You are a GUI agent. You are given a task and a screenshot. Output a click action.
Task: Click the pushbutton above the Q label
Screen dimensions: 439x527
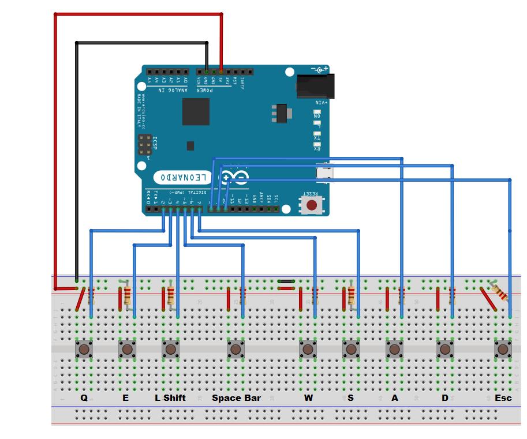pos(84,349)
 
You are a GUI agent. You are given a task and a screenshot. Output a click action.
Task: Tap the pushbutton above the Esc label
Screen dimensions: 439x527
pos(503,349)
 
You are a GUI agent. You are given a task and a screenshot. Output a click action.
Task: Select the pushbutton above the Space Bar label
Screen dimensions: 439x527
pos(236,349)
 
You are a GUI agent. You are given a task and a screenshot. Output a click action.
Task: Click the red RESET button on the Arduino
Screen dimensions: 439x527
pos(312,205)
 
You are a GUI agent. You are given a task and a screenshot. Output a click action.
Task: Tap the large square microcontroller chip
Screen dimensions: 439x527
pos(196,111)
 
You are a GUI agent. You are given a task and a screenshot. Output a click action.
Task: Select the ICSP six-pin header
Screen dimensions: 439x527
pos(144,145)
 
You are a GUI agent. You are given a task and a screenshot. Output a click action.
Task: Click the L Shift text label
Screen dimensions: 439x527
pos(170,398)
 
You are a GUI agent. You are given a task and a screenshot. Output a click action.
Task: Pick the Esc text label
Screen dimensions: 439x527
pos(503,398)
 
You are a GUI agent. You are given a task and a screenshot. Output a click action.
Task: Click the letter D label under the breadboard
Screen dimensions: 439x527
pos(444,398)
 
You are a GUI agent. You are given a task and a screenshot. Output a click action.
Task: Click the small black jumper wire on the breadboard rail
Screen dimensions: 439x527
pos(286,282)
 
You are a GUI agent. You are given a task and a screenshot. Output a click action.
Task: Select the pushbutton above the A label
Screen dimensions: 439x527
pos(395,349)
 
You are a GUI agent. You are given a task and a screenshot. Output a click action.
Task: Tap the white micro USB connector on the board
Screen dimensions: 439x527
pos(325,172)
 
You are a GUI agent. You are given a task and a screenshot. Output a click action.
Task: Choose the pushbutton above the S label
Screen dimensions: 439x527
pos(351,349)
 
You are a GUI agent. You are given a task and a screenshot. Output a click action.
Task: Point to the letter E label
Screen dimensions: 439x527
pos(126,398)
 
